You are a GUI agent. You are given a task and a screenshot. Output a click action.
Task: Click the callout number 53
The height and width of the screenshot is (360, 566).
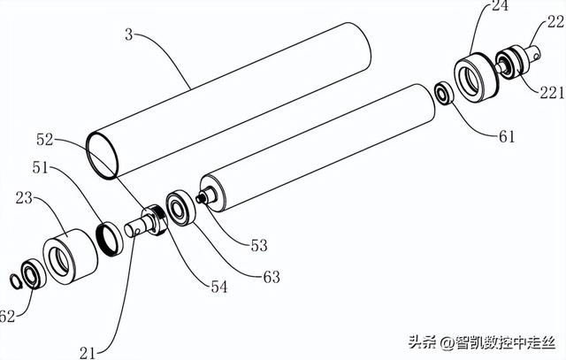click(258, 245)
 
